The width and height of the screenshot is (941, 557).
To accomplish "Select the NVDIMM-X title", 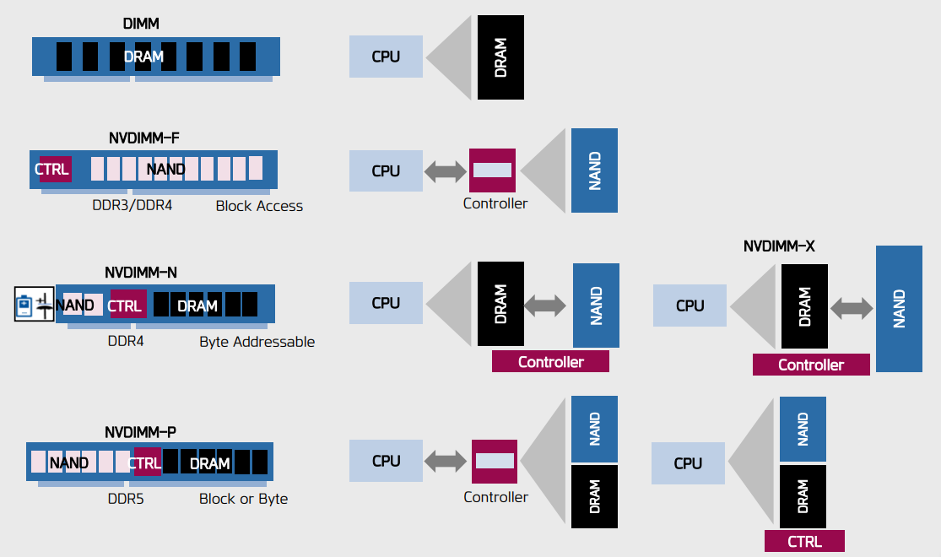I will pyautogui.click(x=778, y=246).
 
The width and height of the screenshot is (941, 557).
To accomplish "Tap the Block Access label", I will pyautogui.click(x=259, y=206).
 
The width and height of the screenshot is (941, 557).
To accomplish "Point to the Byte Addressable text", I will pyautogui.click(x=257, y=342).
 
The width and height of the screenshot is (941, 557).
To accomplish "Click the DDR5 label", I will pyautogui.click(x=126, y=499).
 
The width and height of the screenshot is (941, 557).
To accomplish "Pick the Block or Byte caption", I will pyautogui.click(x=243, y=499).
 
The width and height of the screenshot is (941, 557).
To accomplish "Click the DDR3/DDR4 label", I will pyautogui.click(x=132, y=205).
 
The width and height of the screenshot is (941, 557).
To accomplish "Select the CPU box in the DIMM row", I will pyautogui.click(x=386, y=57).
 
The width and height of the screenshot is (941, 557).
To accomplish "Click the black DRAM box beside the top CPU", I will pyautogui.click(x=500, y=58).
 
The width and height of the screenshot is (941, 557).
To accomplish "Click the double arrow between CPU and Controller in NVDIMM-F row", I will pyautogui.click(x=446, y=171).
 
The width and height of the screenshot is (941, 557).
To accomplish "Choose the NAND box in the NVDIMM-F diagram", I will pyautogui.click(x=594, y=170).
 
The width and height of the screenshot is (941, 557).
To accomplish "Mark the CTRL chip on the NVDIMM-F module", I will pyautogui.click(x=51, y=170).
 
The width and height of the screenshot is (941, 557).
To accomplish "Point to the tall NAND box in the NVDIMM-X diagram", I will pyautogui.click(x=899, y=308).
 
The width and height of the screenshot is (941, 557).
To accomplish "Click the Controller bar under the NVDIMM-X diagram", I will pyautogui.click(x=810, y=365).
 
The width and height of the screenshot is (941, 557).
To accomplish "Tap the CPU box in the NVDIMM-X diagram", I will pyautogui.click(x=690, y=306).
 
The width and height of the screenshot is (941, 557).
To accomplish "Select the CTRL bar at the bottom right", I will pyautogui.click(x=803, y=541).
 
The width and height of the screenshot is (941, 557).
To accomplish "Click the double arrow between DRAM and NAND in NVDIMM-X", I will pyautogui.click(x=852, y=308).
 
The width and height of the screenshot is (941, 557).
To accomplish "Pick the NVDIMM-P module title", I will pyautogui.click(x=140, y=432).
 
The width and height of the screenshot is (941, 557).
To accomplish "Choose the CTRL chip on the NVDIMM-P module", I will pyautogui.click(x=146, y=462).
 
